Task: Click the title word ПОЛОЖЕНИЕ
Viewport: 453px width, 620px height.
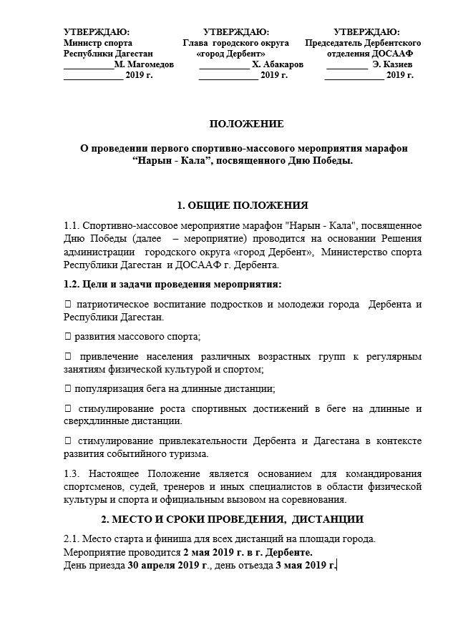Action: (x=226, y=124)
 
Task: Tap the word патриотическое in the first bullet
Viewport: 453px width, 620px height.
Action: (x=112, y=305)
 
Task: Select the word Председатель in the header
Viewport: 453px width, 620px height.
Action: (x=336, y=43)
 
